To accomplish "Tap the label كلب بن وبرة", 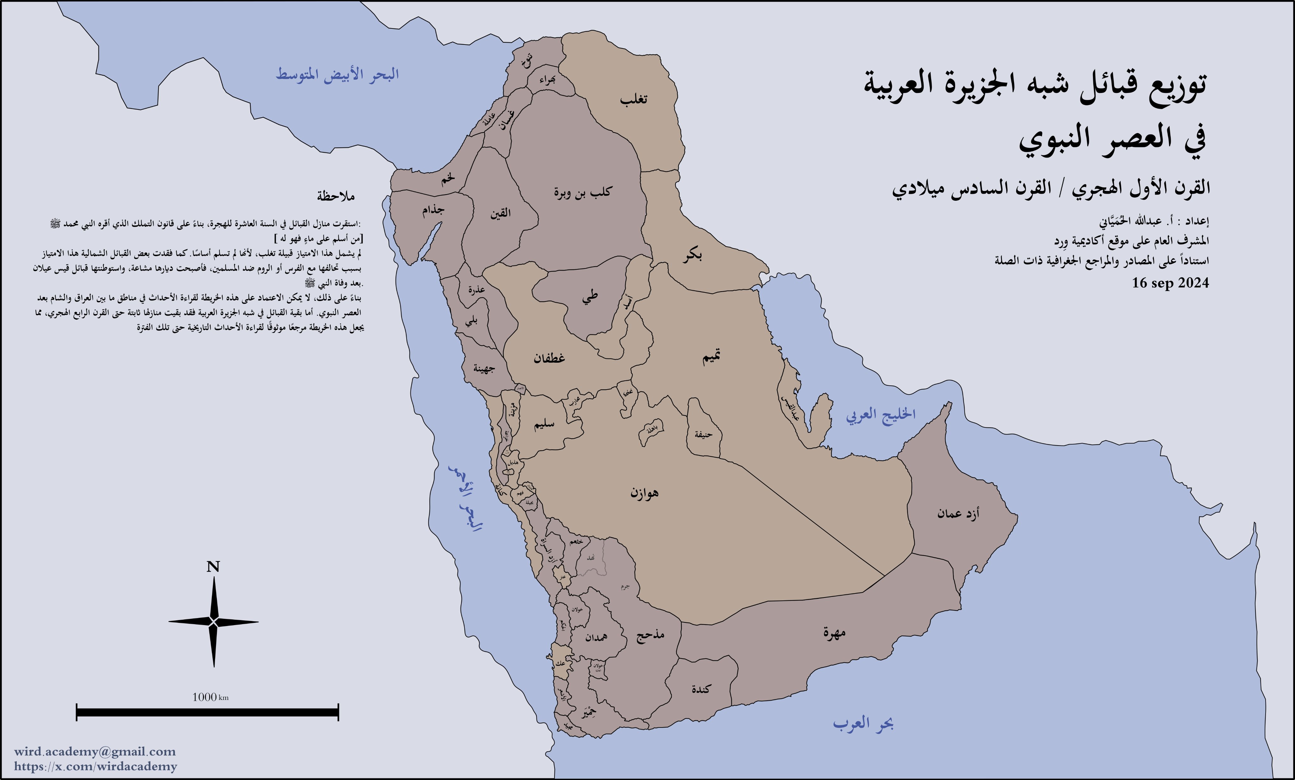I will (582, 192).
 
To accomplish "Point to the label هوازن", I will (644, 493).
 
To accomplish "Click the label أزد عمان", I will (958, 513).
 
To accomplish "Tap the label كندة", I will (701, 689).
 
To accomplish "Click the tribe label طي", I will (590, 297).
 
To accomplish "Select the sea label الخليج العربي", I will (880, 415).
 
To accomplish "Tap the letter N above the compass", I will (213, 567).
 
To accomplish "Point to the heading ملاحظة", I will (335, 196).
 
